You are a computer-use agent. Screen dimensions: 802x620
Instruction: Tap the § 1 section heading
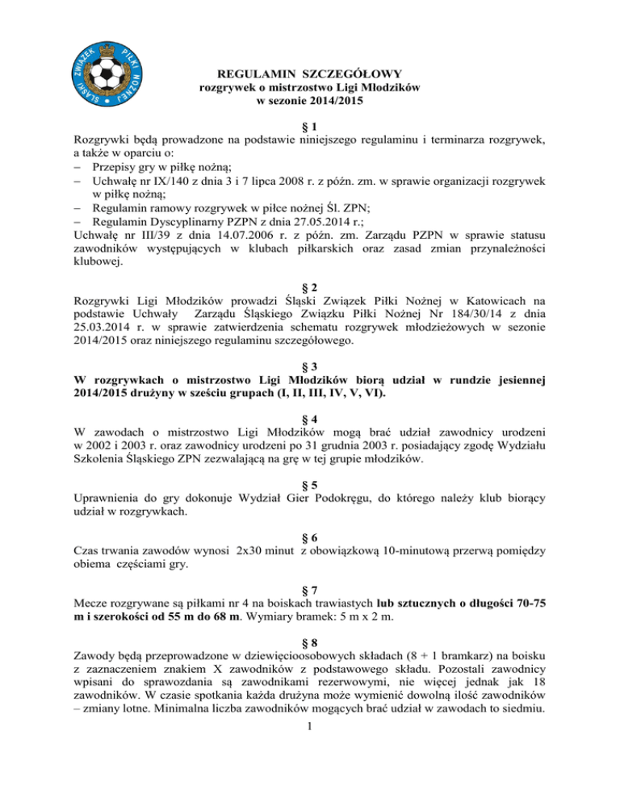(x=310, y=127)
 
